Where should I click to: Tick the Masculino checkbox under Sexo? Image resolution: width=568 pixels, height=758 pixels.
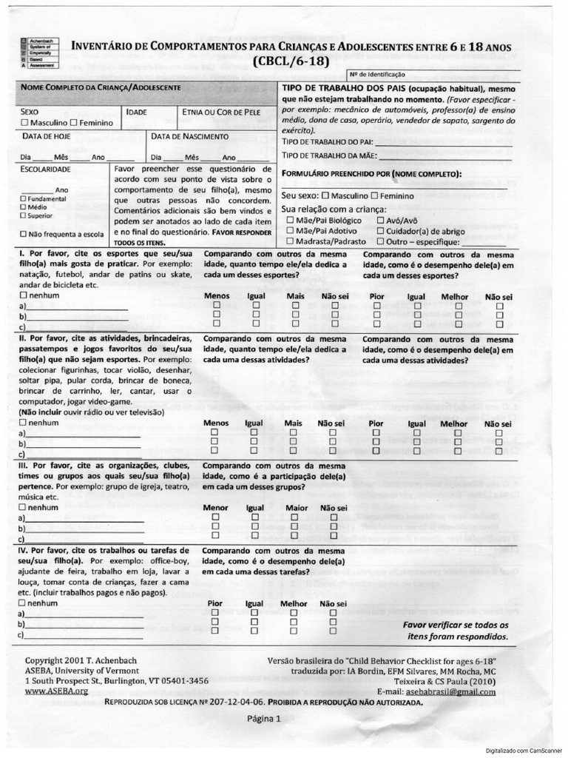pyautogui.click(x=26, y=122)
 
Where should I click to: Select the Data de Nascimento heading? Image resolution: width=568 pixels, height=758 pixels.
pyautogui.click(x=190, y=136)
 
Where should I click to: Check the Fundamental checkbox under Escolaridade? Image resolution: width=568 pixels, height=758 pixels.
pyautogui.click(x=24, y=199)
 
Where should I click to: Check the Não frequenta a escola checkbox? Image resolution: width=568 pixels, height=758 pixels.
pyautogui.click(x=24, y=234)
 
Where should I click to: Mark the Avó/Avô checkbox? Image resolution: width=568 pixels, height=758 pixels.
pyautogui.click(x=381, y=220)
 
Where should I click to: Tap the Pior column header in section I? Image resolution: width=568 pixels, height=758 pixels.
pyautogui.click(x=376, y=296)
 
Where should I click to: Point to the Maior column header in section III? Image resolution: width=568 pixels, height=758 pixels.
pyautogui.click(x=296, y=509)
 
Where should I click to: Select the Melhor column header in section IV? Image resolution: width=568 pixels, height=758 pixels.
pyautogui.click(x=294, y=603)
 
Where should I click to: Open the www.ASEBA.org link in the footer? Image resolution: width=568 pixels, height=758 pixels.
pyautogui.click(x=56, y=691)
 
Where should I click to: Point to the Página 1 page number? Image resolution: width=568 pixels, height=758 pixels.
pyautogui.click(x=264, y=718)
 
